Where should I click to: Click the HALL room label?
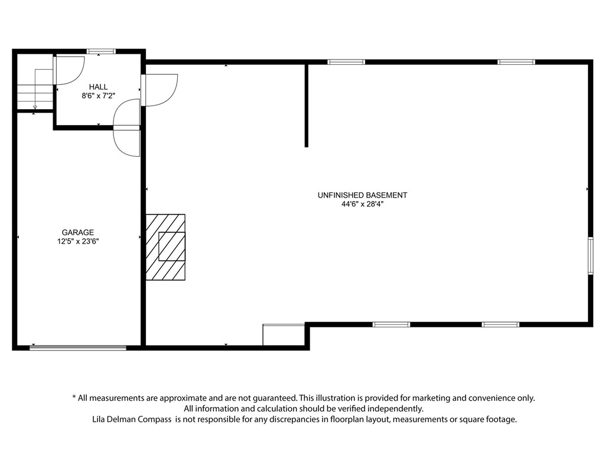point(99,87)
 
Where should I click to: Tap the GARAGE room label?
point(78,232)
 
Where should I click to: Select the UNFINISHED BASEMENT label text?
point(362,195)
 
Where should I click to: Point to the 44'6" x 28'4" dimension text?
point(362,204)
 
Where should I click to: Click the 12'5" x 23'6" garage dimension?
point(78,241)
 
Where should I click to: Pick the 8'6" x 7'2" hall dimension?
point(99,96)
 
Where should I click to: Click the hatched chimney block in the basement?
point(165,247)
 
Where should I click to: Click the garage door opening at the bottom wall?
point(78,348)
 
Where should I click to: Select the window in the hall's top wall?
point(101,51)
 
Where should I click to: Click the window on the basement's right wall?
point(590,256)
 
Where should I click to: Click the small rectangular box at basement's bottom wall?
point(284,335)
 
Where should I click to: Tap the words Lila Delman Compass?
point(132,419)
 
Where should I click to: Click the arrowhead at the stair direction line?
point(35,107)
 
